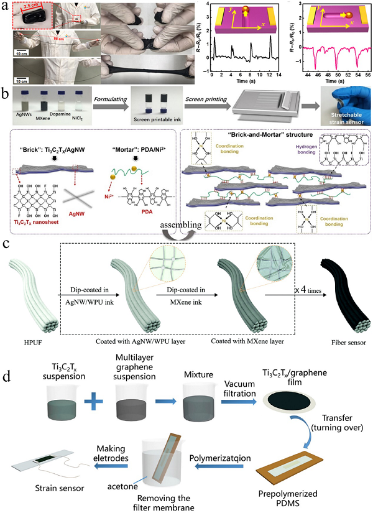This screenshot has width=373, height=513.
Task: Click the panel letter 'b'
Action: pos(6,95)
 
